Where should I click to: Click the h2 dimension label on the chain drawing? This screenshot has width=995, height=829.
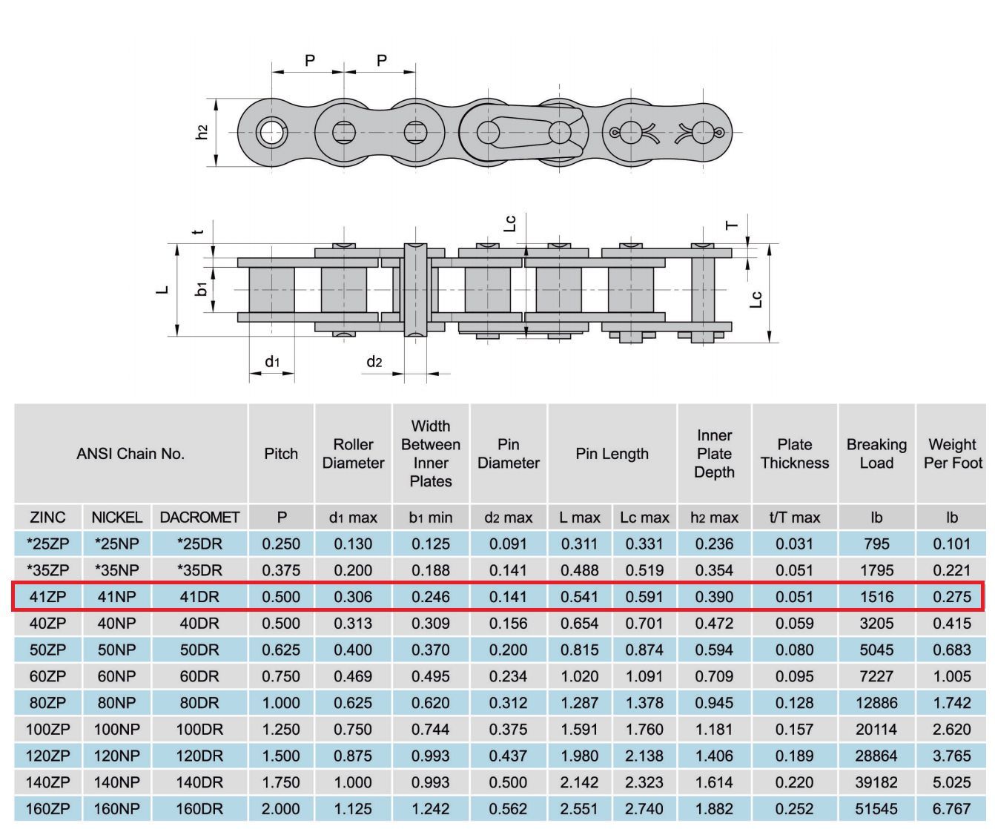tap(202, 132)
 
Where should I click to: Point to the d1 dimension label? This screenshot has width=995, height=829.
tap(272, 362)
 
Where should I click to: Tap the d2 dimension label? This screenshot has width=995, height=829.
tap(374, 362)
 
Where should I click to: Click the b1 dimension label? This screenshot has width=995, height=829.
tap(202, 288)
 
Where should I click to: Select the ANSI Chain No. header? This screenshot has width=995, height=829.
tap(130, 453)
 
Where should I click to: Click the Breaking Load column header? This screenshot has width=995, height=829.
tap(876, 453)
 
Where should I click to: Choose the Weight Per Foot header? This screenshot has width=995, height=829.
tap(953, 453)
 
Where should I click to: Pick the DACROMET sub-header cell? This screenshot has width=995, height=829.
tap(199, 518)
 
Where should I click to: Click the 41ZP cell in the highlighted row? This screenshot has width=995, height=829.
tap(47, 596)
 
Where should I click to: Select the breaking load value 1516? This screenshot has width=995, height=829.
tap(876, 596)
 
